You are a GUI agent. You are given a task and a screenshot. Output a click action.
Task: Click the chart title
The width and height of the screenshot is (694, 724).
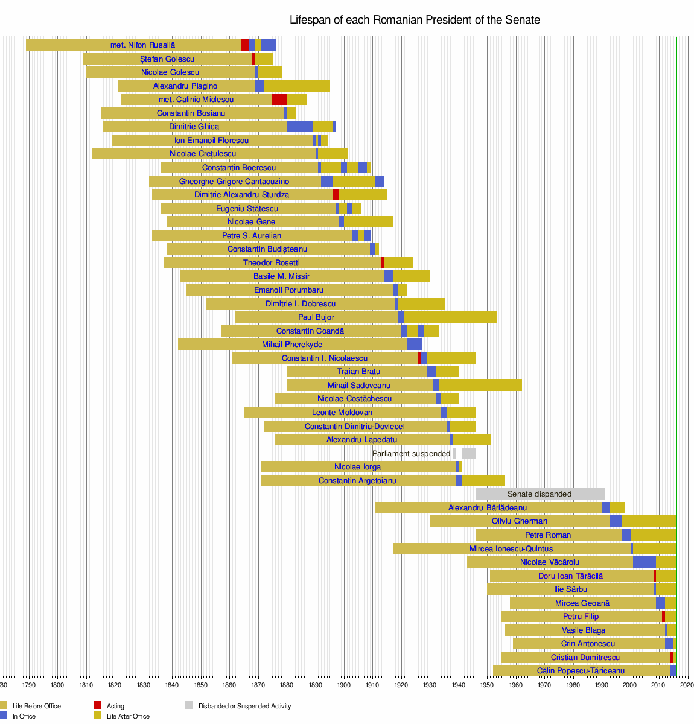(x=415, y=20)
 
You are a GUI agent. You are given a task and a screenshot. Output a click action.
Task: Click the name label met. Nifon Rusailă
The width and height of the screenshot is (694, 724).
(x=142, y=45)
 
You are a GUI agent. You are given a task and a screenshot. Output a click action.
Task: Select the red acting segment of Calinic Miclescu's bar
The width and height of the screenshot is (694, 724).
(x=279, y=100)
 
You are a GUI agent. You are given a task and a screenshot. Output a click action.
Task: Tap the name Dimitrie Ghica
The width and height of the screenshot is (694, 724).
(x=194, y=127)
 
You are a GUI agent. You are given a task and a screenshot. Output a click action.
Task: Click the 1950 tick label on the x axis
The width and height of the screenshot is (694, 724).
(x=487, y=685)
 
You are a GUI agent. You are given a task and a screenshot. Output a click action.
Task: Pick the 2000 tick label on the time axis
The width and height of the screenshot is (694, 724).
(x=630, y=685)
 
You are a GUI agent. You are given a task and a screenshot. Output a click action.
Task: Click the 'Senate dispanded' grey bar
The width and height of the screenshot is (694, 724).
(x=540, y=494)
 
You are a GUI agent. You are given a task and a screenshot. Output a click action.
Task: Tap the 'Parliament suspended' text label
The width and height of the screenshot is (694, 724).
(x=411, y=454)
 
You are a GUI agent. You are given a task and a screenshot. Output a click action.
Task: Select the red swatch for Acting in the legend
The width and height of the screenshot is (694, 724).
(x=97, y=705)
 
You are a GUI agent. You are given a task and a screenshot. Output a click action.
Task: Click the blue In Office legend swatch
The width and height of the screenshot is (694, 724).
(x=3, y=716)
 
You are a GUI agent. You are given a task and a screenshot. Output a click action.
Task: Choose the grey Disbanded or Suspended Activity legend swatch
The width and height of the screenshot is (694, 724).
(x=189, y=705)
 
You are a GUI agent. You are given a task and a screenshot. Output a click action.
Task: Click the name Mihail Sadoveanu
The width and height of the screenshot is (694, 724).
(x=359, y=386)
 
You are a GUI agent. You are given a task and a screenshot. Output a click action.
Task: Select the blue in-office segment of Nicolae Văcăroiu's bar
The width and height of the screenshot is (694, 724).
(x=644, y=562)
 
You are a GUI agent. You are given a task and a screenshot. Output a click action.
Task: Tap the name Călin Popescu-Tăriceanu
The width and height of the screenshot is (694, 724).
(x=581, y=671)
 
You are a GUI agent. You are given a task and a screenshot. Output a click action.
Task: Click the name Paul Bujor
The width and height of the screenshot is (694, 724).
(x=316, y=317)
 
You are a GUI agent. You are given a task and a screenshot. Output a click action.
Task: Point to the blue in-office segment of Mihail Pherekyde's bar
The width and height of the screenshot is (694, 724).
(x=414, y=345)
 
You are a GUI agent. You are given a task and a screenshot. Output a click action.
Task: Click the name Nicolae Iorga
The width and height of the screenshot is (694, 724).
(x=357, y=467)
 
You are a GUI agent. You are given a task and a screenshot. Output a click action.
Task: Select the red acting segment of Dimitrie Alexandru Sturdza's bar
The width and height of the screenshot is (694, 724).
(x=336, y=195)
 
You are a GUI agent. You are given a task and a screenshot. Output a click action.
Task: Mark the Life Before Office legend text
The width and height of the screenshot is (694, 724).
(x=36, y=706)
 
